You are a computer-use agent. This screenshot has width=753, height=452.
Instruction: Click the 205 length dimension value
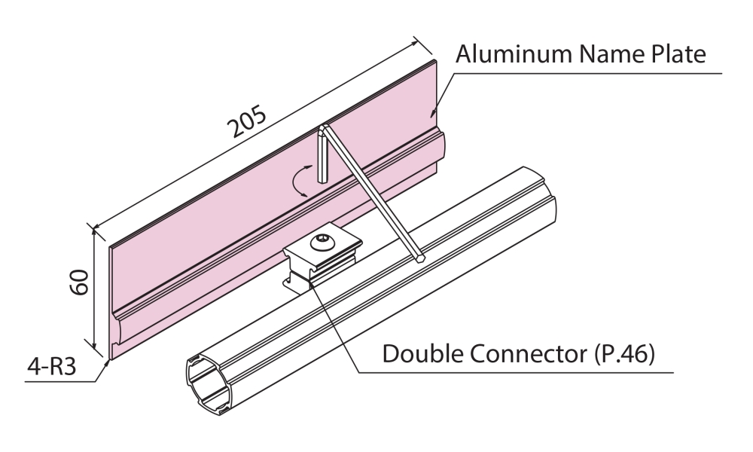[x=248, y=124]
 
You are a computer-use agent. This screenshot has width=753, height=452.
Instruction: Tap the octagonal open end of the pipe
[x=206, y=380]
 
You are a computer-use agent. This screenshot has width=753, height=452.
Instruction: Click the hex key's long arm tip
[x=419, y=258]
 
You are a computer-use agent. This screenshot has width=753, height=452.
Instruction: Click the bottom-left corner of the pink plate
[x=112, y=356]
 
